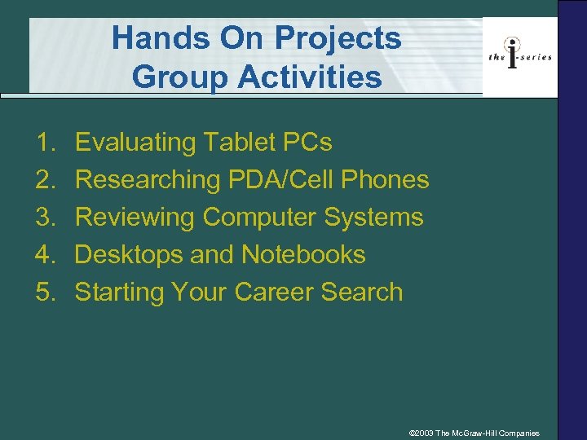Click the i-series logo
click(519, 55)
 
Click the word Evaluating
click(135, 143)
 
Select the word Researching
click(145, 180)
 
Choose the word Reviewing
click(135, 218)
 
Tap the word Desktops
click(129, 255)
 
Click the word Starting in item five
click(120, 293)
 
